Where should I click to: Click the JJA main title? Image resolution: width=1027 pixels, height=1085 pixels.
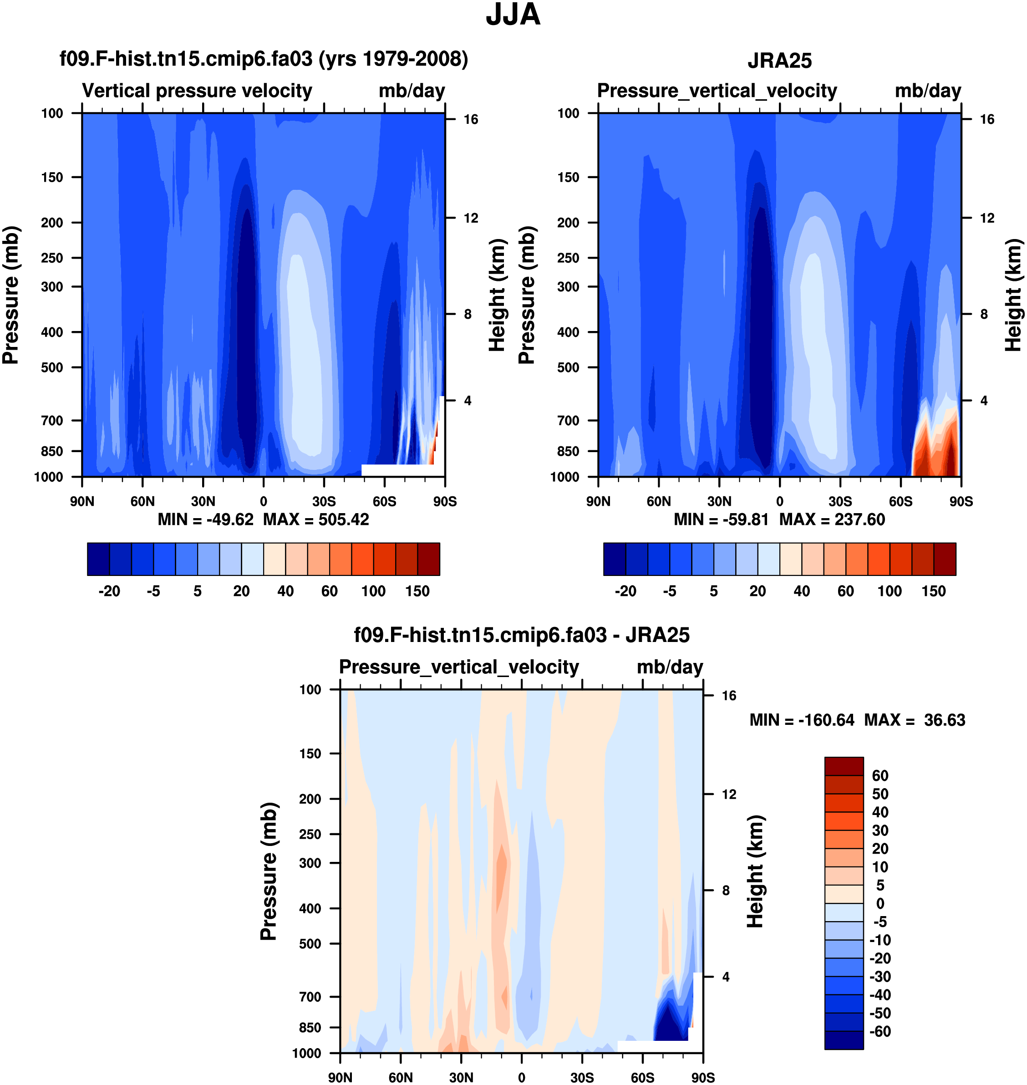point(513,15)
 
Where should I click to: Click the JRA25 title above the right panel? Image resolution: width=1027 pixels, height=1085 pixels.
point(779,61)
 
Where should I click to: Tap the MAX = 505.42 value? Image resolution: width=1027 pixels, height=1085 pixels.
point(316,520)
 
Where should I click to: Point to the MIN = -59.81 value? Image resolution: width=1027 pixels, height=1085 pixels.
point(721,520)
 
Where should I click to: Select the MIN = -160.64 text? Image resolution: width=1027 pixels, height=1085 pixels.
point(802,720)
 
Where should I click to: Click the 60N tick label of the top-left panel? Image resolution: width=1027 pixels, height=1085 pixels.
point(142,501)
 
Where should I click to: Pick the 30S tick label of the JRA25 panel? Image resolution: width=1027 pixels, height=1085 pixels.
point(840,501)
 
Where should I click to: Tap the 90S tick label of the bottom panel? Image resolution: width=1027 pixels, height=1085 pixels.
point(702,1078)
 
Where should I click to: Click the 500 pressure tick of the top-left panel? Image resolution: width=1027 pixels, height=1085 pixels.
point(52,367)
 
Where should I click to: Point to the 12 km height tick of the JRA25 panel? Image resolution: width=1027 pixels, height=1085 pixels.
point(987,218)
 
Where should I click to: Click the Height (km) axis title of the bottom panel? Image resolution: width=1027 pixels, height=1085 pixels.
point(756,871)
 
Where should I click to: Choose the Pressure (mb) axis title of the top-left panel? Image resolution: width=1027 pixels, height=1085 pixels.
point(11,295)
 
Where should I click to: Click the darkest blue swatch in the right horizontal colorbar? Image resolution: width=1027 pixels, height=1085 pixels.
point(614,559)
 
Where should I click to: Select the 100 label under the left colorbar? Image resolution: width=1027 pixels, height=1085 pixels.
point(373,591)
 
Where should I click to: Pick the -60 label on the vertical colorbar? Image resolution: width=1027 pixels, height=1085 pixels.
point(880,1031)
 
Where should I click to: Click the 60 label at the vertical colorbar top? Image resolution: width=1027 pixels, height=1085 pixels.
point(880,776)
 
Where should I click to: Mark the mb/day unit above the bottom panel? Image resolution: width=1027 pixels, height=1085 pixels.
point(670,667)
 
